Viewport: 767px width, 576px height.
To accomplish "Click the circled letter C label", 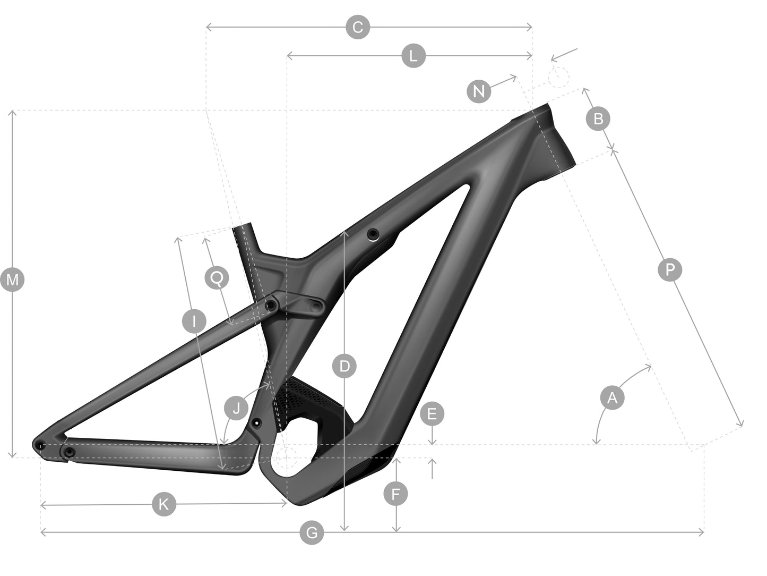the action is coord(357,27).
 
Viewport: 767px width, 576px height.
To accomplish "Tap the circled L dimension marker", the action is coord(413,56).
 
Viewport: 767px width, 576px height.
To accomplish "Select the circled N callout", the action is coord(479,91).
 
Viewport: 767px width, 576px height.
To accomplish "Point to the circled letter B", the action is coord(598,118).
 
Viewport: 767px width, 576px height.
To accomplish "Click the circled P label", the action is coord(669,269).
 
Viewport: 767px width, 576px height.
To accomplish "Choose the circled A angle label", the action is coord(612,397).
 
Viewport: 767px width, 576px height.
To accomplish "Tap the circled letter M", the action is coord(13,279).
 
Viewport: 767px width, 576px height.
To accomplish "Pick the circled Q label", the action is coord(217,278).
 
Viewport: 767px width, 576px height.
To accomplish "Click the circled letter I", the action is coord(194,320).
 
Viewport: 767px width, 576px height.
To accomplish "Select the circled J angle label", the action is coord(236,408).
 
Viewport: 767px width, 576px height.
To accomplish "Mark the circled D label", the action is coord(344,366).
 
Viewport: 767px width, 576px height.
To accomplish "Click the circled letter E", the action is coord(432,414).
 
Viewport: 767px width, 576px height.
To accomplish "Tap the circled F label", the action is coord(395,494).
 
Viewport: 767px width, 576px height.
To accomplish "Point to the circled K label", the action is coord(164,504).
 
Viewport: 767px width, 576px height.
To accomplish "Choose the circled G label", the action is coord(312,532).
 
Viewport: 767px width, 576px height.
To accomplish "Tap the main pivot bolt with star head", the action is coord(257,423).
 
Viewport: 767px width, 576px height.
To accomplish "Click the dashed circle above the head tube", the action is coord(558,77).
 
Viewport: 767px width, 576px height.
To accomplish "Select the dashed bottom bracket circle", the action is coord(287,457).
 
